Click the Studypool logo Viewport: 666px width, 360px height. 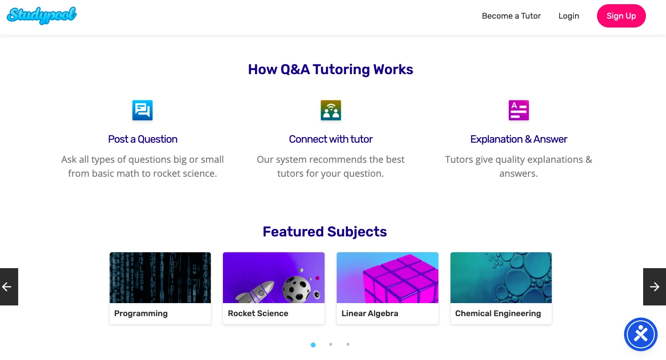tap(42, 15)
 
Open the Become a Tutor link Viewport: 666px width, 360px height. tap(511, 16)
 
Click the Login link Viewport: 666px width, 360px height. tap(569, 16)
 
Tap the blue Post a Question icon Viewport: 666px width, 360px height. tap(142, 111)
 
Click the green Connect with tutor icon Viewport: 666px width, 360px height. tap(331, 111)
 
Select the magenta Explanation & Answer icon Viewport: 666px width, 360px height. tap(519, 111)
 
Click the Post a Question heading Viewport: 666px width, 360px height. tap(143, 139)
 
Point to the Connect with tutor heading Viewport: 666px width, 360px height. tap(331, 139)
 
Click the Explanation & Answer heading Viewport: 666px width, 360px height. tap(519, 139)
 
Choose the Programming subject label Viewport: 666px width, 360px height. tap(141, 313)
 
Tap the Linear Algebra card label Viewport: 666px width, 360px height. tap(370, 313)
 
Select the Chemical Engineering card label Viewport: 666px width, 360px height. tap(498, 313)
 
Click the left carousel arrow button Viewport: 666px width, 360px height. tap(9, 287)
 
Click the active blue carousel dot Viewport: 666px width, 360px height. tap(313, 345)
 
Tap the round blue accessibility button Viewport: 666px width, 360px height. tap(640, 334)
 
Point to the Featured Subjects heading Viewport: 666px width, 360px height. tap(325, 232)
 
